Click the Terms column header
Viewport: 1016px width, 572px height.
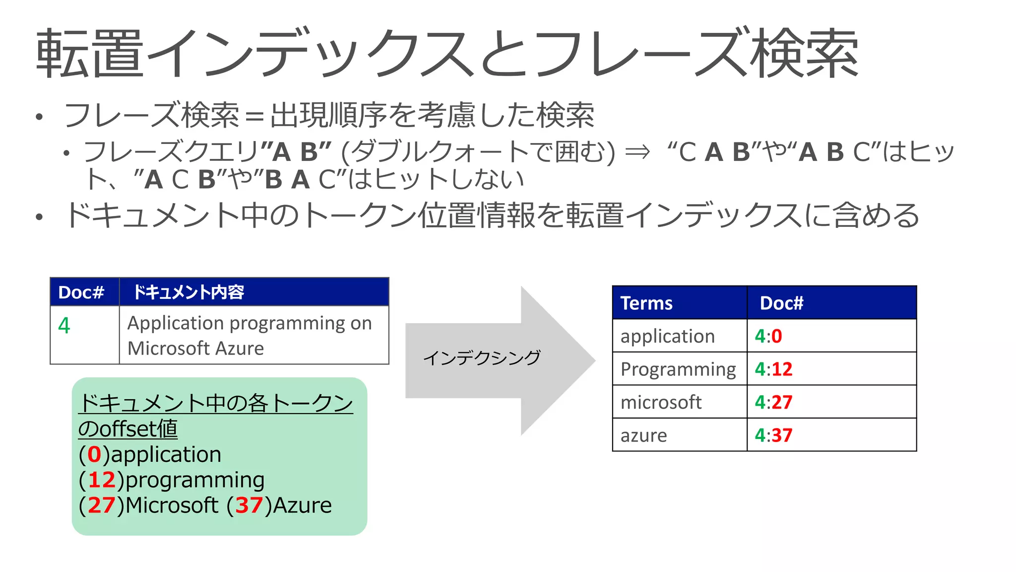tap(646, 303)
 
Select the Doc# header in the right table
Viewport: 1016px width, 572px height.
tap(781, 303)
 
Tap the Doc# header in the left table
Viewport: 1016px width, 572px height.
tap(81, 292)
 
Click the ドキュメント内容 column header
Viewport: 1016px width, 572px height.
tap(189, 292)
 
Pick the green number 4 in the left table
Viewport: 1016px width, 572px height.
tap(64, 326)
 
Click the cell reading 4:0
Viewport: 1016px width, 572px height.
tap(768, 336)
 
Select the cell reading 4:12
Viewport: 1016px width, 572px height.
tap(773, 369)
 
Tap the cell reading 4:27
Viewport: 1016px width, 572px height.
tap(773, 402)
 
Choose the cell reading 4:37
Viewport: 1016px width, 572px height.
tap(773, 435)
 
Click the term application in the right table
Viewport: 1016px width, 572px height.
tap(667, 336)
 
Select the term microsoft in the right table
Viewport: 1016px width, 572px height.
tap(661, 402)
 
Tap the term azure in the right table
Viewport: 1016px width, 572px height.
tap(643, 435)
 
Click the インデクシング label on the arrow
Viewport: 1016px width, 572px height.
tap(482, 357)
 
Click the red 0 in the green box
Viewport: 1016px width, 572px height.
tap(94, 454)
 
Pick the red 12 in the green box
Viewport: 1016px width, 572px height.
tap(102, 480)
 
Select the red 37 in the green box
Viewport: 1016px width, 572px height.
tap(249, 505)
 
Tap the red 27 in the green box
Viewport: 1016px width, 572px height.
tap(102, 505)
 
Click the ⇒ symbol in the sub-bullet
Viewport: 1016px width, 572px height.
tap(637, 151)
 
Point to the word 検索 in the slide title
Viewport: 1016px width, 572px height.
tap(804, 54)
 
